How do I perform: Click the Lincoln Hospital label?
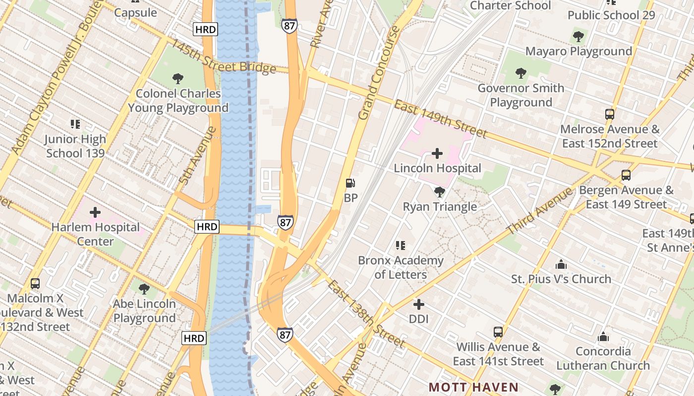437,168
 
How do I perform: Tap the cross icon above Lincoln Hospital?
437,153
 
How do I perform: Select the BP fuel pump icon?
350,184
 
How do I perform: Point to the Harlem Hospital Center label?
96,234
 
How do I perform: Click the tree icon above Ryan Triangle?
439,192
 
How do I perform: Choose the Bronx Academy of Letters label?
401,267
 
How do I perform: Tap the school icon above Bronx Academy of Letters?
401,246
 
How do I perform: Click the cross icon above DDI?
419,304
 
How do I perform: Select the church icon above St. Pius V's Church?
561,264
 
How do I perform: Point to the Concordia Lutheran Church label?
603,358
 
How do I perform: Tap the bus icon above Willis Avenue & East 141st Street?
498,332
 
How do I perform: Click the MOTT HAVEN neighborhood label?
473,387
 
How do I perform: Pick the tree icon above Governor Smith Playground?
521,73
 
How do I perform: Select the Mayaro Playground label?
578,51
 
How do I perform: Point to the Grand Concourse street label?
379,73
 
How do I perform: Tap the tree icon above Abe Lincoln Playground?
144,289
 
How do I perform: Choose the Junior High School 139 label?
75,146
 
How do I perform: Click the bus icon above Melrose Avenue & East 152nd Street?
610,114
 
